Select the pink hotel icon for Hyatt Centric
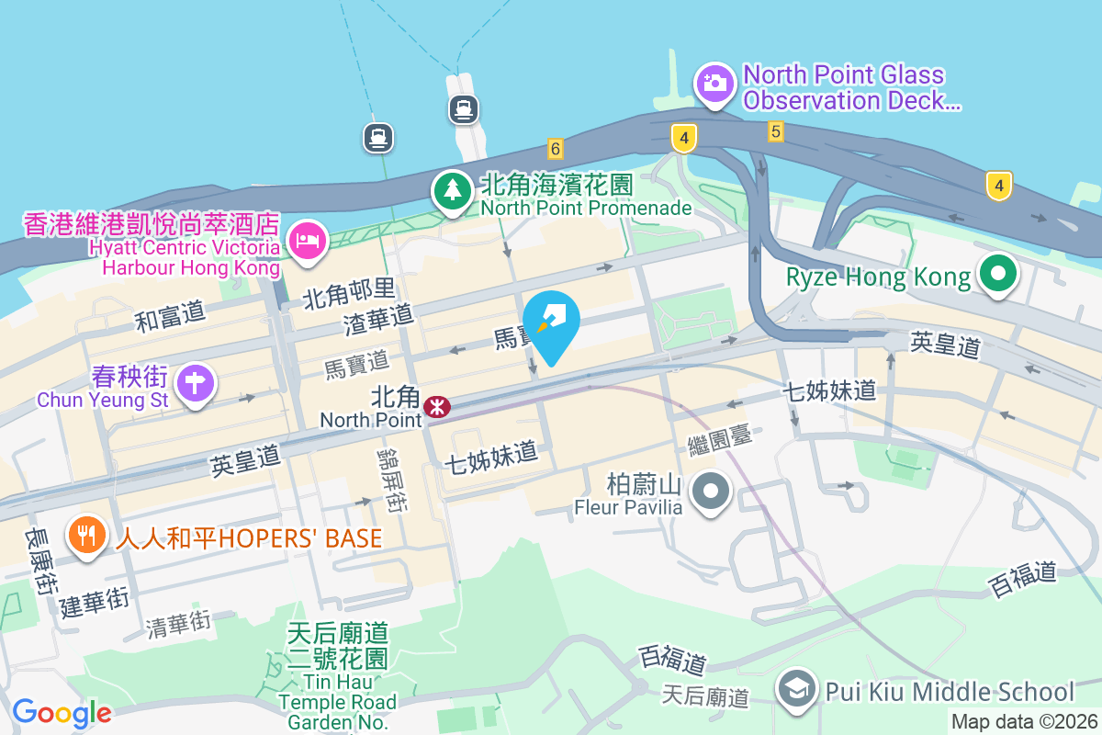(x=306, y=240)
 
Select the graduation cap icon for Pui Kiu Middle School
(x=796, y=688)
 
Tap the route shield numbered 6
(x=554, y=148)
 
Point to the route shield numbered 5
(x=776, y=132)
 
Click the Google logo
(x=62, y=713)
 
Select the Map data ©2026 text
(x=1024, y=722)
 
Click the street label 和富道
(x=170, y=317)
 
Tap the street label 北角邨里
(x=348, y=295)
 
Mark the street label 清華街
(x=179, y=624)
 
